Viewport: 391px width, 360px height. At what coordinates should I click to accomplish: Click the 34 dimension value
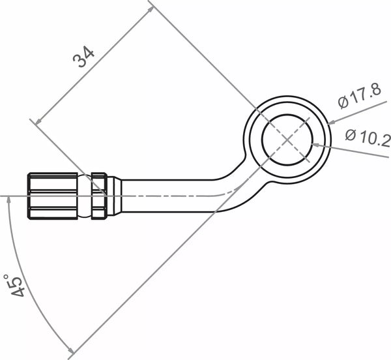click(x=83, y=57)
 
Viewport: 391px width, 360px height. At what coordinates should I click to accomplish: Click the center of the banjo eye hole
click(x=287, y=139)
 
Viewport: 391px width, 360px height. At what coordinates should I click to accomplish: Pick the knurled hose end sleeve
click(x=53, y=195)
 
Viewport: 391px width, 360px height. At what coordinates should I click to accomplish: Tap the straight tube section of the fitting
click(x=169, y=195)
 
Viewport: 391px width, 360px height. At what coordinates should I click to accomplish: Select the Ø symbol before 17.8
click(x=343, y=102)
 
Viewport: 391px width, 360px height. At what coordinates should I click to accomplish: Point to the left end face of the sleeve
click(x=29, y=195)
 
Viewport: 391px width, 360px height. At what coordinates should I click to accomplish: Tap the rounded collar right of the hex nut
click(x=114, y=195)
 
